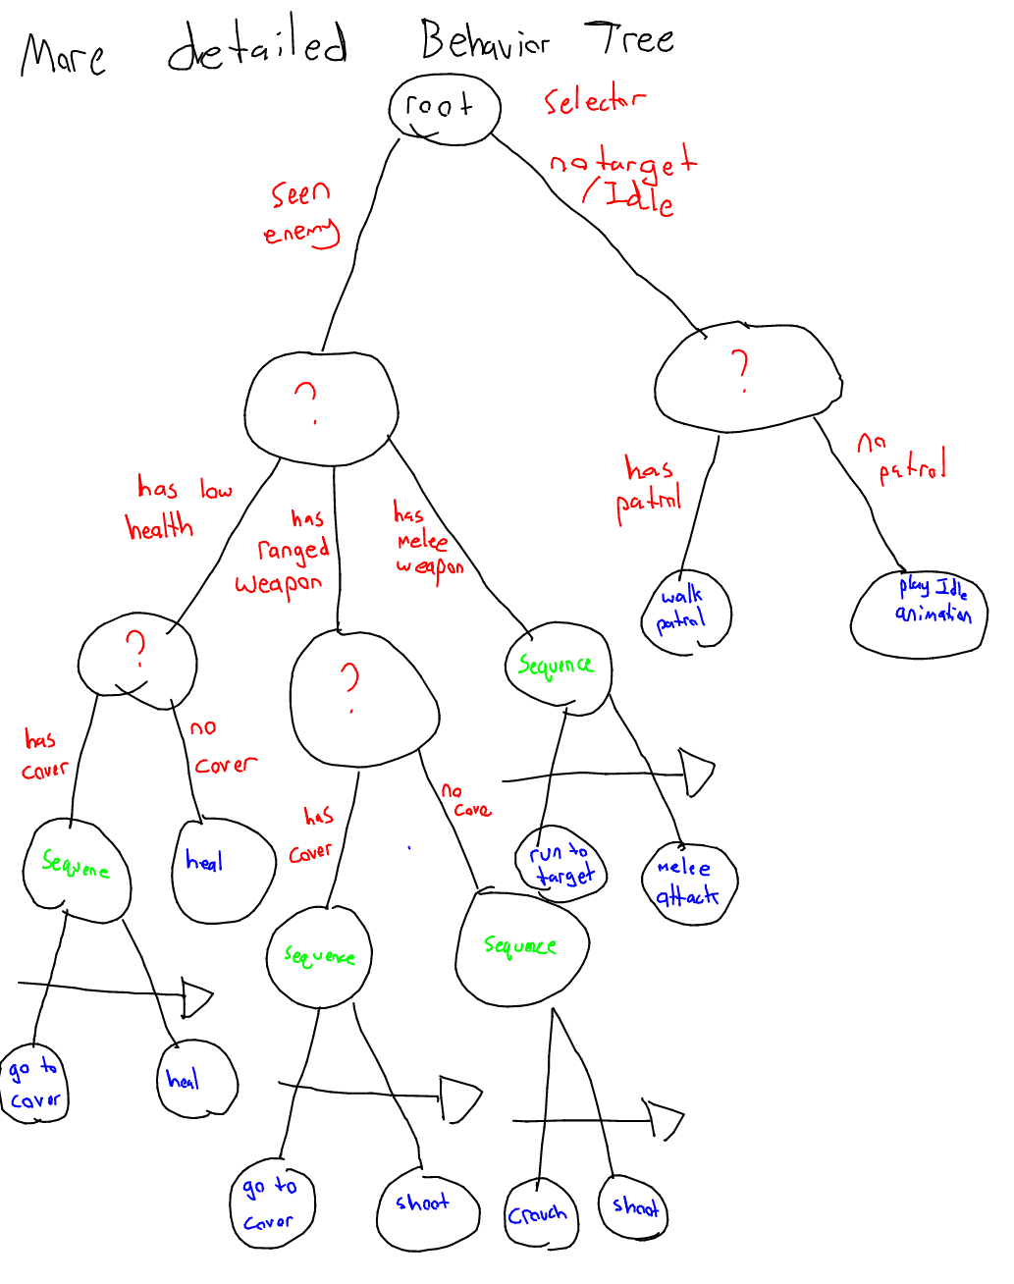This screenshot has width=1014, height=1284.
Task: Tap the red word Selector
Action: (x=594, y=100)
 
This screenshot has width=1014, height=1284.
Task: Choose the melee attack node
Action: (x=687, y=883)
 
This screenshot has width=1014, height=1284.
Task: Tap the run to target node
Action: (x=561, y=863)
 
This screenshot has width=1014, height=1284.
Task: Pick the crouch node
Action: (x=540, y=1214)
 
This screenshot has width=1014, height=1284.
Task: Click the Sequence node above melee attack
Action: (x=558, y=667)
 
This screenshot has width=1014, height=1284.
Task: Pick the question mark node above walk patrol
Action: (x=746, y=377)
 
